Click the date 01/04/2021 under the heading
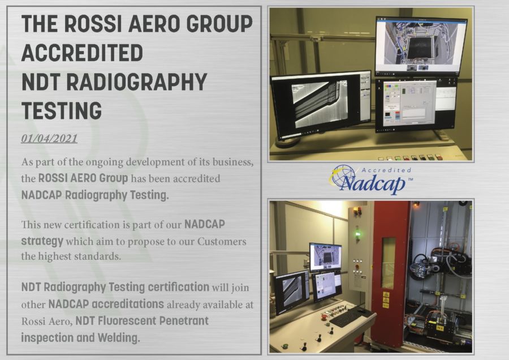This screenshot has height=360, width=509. pyautogui.click(x=49, y=139)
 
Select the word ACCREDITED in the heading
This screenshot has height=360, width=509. pyautogui.click(x=82, y=53)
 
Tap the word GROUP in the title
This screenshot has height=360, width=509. pyautogui.click(x=219, y=24)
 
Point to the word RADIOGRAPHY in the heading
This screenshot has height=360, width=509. pyautogui.click(x=137, y=82)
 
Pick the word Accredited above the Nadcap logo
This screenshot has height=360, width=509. pyautogui.click(x=386, y=170)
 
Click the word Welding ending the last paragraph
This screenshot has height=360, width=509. pyautogui.click(x=119, y=338)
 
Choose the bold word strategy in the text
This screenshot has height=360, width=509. pyautogui.click(x=42, y=241)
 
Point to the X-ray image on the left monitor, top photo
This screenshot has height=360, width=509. pyautogui.click(x=320, y=104)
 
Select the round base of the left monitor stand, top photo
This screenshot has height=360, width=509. pyautogui.click(x=290, y=142)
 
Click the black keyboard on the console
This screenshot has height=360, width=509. pyautogui.click(x=351, y=317)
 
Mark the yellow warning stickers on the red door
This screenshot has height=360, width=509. pyautogui.click(x=386, y=299)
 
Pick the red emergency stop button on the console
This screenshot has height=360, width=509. pyautogui.click(x=323, y=315)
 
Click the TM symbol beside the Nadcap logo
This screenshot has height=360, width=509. pyautogui.click(x=410, y=179)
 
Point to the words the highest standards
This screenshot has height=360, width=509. pyautogui.click(x=71, y=256)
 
